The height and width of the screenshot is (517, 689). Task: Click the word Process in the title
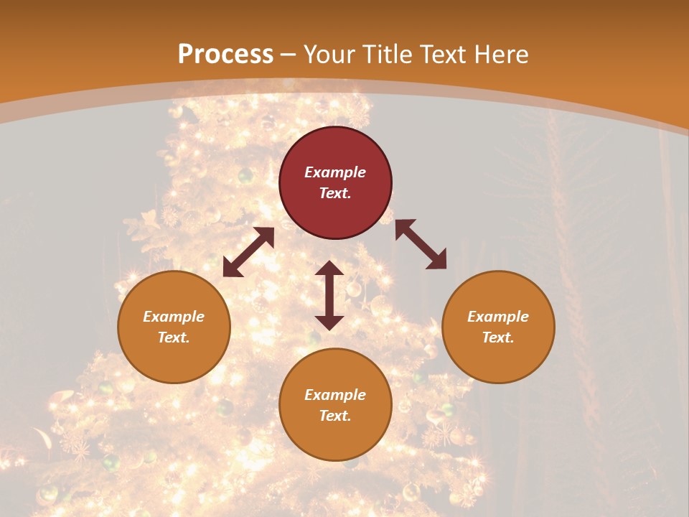coord(225,55)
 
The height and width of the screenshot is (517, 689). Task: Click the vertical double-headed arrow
coord(329,295)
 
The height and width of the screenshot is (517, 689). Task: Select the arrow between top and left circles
coord(248,252)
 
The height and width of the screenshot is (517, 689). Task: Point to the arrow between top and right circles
coord(421,244)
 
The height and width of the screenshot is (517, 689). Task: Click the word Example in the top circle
coord(335,172)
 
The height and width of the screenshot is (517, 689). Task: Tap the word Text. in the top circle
coord(335,193)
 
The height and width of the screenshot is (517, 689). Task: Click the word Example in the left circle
coord(174,317)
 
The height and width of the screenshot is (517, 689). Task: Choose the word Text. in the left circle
coord(174,337)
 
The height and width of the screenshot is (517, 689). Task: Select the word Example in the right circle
coord(498,317)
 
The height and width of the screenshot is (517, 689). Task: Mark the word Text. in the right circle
coord(498,337)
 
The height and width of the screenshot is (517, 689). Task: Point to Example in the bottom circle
coord(335,395)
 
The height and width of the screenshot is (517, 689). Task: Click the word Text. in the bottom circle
coord(335,416)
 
